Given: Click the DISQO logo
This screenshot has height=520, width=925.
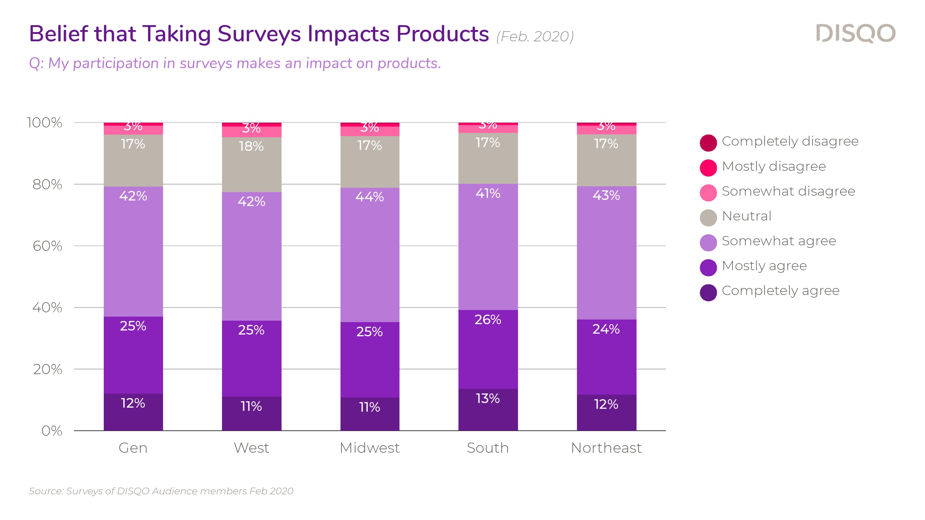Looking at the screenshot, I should (x=855, y=34).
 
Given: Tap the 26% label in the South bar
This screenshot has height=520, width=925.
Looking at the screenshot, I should (x=488, y=320).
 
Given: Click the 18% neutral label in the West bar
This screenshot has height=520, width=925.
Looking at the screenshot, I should (x=251, y=146).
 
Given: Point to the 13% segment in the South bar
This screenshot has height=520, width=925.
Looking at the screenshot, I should (x=488, y=409).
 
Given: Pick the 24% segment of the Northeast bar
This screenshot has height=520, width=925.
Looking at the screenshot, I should (x=606, y=357).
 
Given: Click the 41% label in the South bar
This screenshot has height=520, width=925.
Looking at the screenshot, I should (x=488, y=194).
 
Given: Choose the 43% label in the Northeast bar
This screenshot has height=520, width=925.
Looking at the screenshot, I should (x=606, y=196).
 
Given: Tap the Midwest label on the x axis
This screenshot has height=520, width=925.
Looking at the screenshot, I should (x=369, y=448).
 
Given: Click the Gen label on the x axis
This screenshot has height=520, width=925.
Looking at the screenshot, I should (x=133, y=448).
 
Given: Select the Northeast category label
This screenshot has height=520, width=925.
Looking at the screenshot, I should (x=606, y=448).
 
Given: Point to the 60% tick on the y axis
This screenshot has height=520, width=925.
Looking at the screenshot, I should (x=47, y=246).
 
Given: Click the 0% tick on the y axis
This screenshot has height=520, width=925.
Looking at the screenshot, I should (x=52, y=431).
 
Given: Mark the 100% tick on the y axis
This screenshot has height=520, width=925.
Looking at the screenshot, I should (x=45, y=123).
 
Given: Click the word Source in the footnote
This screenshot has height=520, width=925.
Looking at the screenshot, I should (x=46, y=491).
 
